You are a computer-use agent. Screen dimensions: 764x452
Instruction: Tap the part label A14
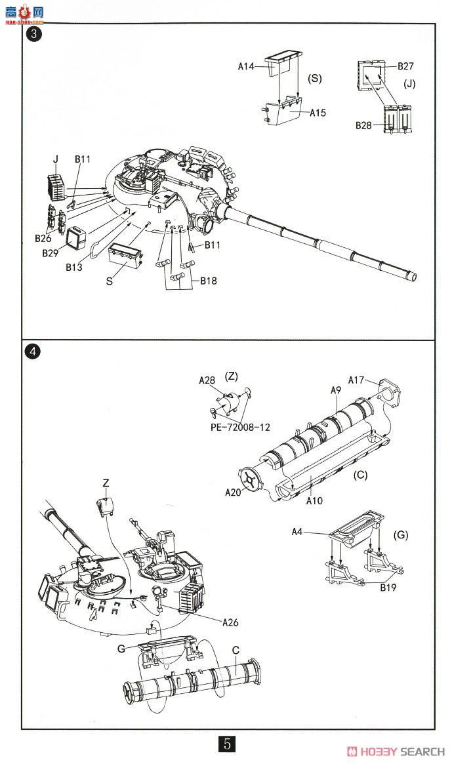point(246,66)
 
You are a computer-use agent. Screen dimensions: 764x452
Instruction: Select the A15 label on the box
point(318,113)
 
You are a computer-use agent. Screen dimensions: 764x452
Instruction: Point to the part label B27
point(406,66)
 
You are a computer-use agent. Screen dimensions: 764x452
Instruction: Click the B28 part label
point(364,125)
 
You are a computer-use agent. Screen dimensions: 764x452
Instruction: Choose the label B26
point(43,238)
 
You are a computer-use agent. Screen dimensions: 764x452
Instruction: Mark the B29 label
point(51,253)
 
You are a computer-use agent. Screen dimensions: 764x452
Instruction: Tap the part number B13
point(74,267)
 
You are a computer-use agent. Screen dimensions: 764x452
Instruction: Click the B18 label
point(207,281)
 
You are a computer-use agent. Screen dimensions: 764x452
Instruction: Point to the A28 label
point(207,380)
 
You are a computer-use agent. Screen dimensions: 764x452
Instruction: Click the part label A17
point(356,380)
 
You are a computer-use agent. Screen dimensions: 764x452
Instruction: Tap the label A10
point(315,500)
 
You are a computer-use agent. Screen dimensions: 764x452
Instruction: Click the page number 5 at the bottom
point(226,744)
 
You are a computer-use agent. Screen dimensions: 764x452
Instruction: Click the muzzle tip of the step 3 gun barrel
point(415,276)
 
